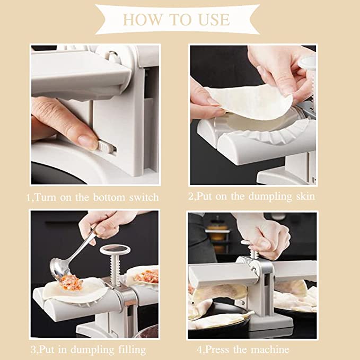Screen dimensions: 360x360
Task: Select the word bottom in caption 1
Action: pos(109,198)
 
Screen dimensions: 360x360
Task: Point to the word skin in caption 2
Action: pos(305,197)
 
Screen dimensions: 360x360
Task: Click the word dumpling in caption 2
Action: pos(270,197)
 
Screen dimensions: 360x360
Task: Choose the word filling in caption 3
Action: pos(132,350)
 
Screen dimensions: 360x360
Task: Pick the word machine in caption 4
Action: pos(270,349)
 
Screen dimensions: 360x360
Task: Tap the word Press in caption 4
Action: pos(216,349)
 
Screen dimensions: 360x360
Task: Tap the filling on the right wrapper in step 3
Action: pos(146,276)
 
